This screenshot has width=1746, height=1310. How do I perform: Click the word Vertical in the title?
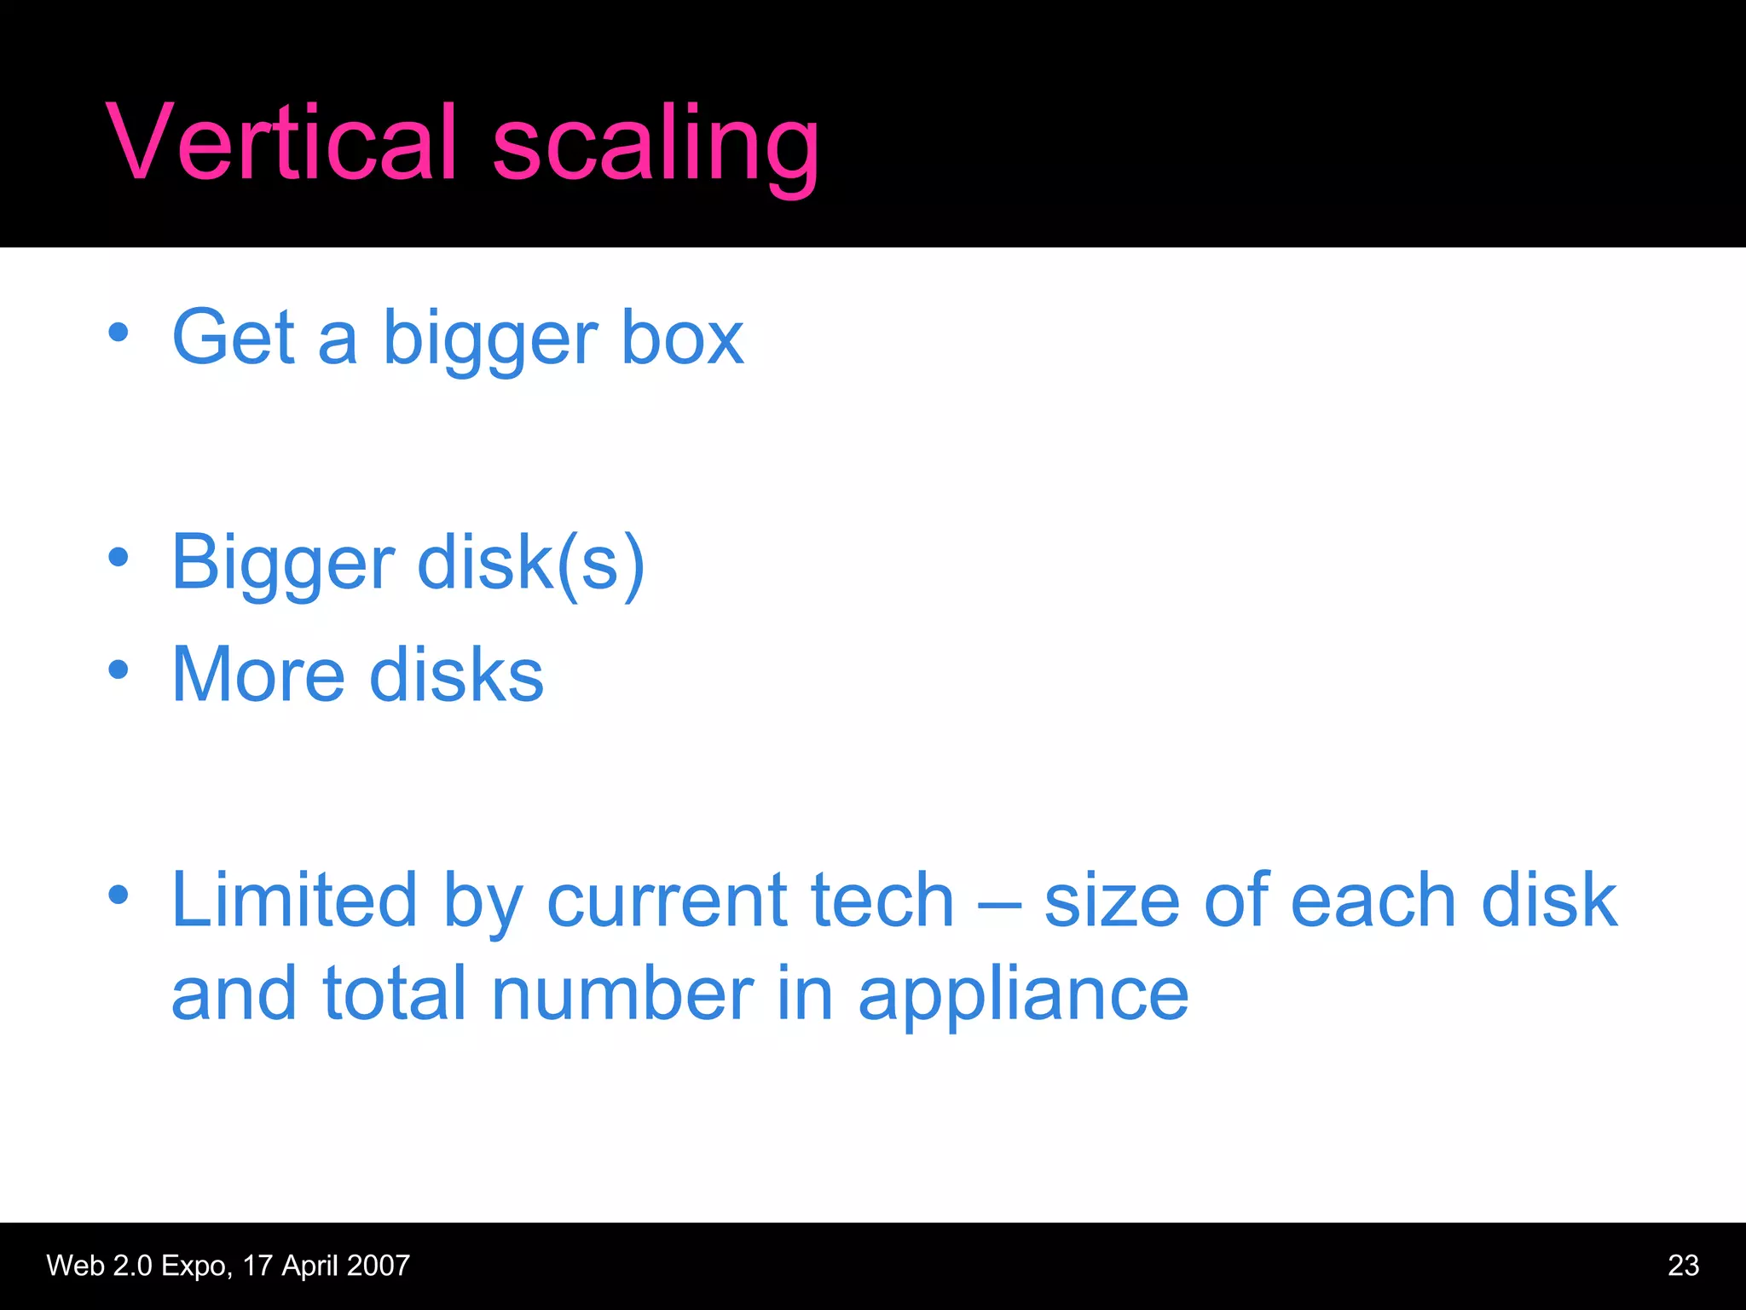point(281,143)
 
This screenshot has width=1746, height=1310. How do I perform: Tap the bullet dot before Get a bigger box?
point(119,332)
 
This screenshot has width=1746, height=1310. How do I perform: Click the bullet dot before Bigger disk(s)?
point(119,558)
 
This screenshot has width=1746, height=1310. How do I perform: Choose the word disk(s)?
point(530,564)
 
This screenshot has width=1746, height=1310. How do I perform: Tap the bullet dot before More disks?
point(119,669)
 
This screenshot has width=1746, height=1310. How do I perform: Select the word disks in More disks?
point(457,675)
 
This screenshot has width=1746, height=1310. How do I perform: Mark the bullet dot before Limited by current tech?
point(119,895)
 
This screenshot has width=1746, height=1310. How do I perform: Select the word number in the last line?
point(622,994)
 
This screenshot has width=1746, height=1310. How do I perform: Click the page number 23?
point(1683,1266)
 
